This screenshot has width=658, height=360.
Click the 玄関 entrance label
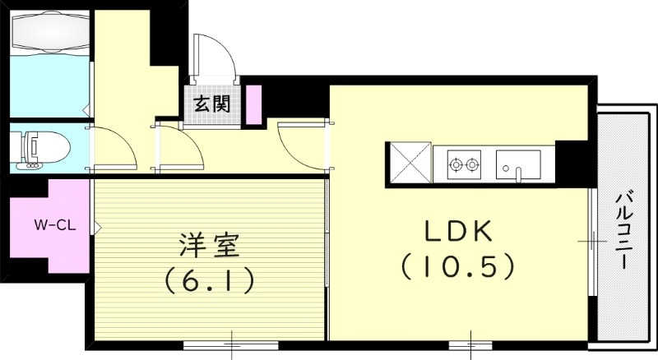click(211, 104)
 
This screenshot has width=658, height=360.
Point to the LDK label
click(459, 233)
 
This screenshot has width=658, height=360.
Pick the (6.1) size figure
click(209, 280)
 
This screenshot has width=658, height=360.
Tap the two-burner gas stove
click(462, 164)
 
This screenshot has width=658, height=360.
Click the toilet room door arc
click(110, 147)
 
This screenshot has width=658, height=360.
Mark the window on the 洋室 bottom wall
click(233, 339)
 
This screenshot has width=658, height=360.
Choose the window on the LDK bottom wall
click(470, 339)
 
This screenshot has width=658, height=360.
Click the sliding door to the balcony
click(593, 241)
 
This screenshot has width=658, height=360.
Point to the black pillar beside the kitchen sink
click(572, 162)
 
